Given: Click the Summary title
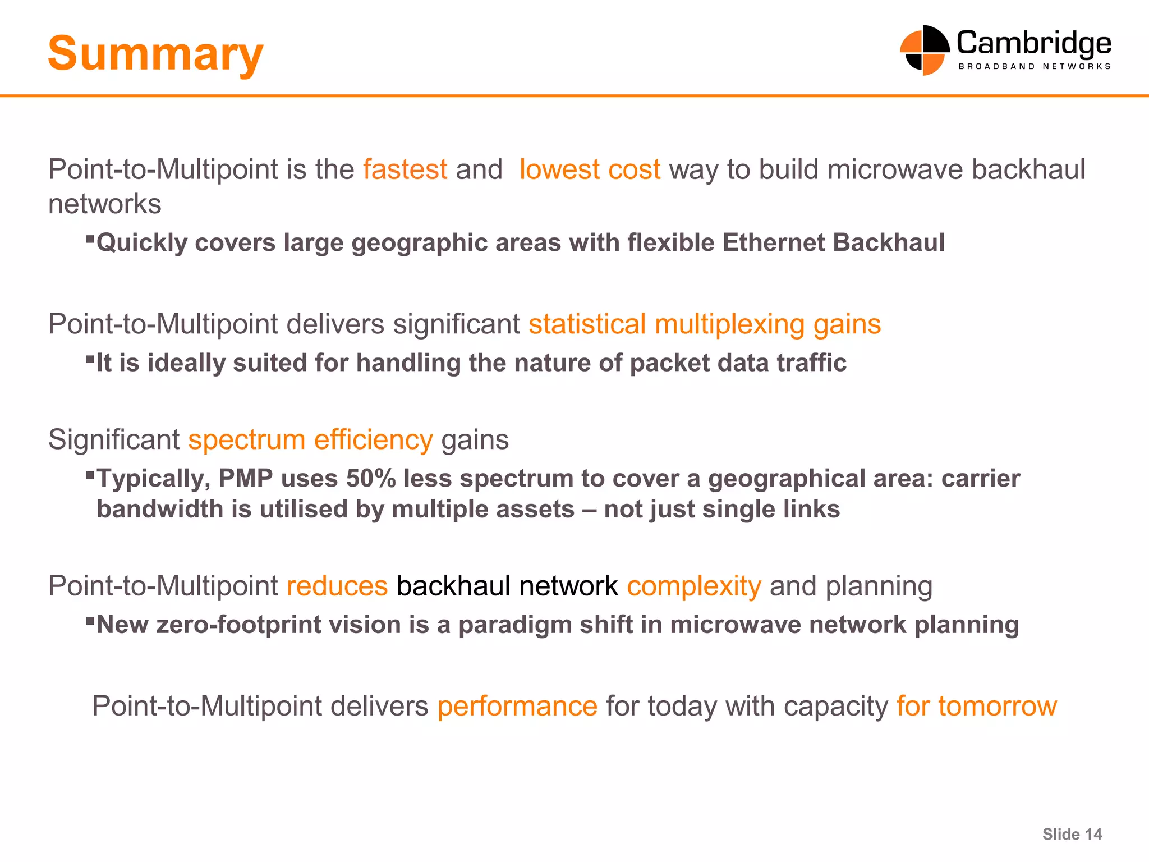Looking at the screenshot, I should tap(155, 54).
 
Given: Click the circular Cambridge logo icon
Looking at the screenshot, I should tap(924, 50).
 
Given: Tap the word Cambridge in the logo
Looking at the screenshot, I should tap(1033, 43).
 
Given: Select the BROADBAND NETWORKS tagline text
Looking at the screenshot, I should tap(1035, 66).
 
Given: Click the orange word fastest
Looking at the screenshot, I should tap(405, 169).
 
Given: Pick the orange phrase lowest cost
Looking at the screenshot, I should tap(590, 169).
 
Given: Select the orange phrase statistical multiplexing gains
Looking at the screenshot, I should tap(705, 324).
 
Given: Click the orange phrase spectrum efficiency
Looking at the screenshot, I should tap(310, 439).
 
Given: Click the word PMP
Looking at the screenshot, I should tap(245, 479).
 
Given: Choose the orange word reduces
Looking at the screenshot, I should tap(337, 586).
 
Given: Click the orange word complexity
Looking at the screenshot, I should tap(694, 586).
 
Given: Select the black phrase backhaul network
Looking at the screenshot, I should tap(507, 586).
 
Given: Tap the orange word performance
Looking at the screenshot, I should tap(517, 706).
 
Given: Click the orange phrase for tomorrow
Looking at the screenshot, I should tap(977, 706).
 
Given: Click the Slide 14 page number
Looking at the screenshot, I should tap(1072, 835).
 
